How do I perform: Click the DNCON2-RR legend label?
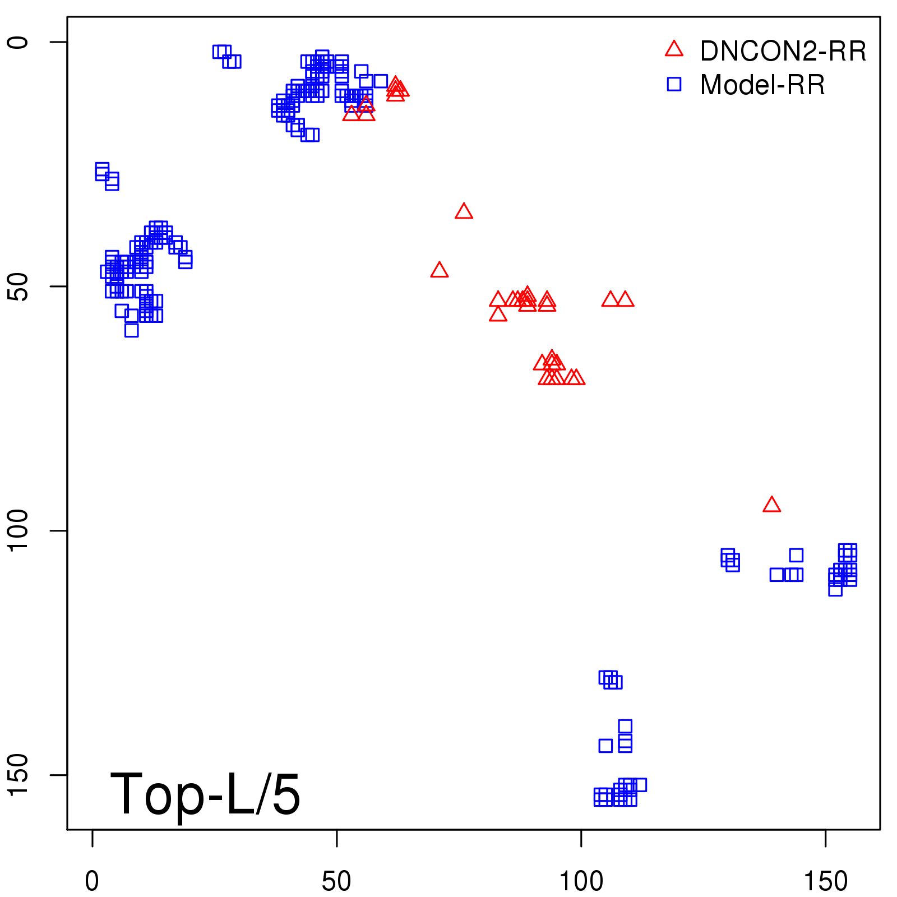(783, 52)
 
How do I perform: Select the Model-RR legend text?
(762, 85)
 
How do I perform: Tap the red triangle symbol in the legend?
(674, 49)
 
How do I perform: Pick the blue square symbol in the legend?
(674, 84)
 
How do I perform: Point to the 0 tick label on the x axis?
(92, 881)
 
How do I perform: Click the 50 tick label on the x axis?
(336, 881)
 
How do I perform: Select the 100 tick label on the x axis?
(581, 881)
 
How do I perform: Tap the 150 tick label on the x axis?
(826, 881)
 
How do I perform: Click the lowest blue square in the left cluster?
(131, 330)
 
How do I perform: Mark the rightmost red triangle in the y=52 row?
(625, 299)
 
